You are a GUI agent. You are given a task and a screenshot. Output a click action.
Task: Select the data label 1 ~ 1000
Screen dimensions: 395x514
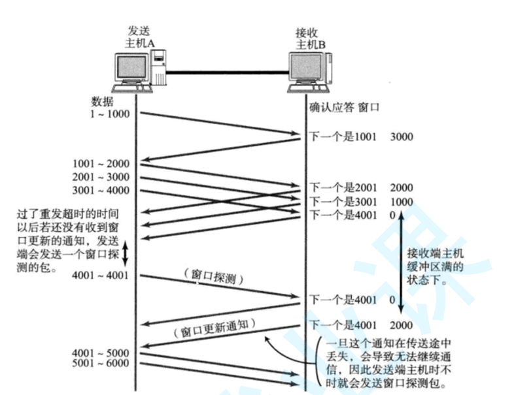coord(110,114)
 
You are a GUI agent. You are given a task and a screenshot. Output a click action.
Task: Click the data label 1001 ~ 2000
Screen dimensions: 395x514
coord(102,163)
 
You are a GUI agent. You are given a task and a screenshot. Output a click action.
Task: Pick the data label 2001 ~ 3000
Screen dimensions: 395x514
coord(102,177)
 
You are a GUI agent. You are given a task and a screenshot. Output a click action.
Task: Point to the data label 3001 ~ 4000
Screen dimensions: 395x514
coord(102,191)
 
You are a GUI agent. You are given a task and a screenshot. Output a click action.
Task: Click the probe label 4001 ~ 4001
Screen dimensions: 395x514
coord(102,274)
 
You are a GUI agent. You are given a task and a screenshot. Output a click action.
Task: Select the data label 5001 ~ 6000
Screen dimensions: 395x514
coord(102,364)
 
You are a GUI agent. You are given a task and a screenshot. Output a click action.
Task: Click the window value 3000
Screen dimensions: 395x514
coord(402,137)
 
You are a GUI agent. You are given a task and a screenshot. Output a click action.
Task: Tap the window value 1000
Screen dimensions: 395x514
coord(402,201)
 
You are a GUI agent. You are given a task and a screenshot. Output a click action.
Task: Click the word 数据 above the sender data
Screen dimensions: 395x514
coord(103,102)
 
